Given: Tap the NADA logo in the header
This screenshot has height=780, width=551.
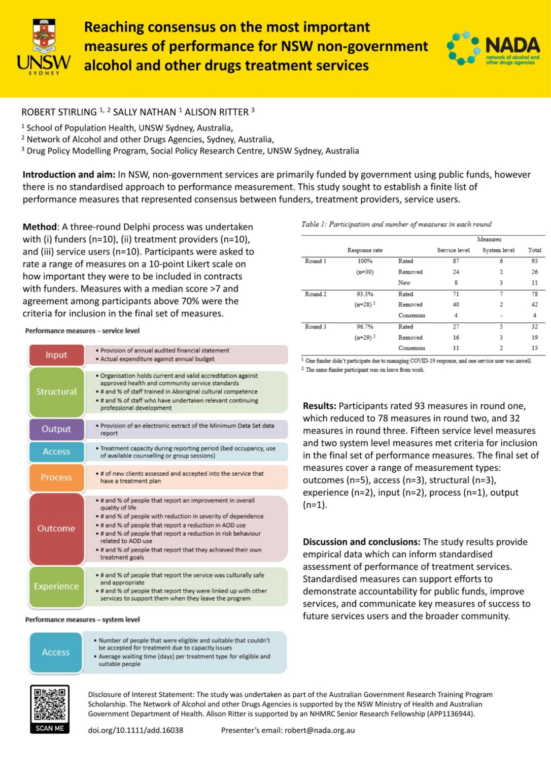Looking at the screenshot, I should coord(493,49).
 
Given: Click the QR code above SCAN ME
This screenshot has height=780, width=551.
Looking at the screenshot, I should coord(50,704).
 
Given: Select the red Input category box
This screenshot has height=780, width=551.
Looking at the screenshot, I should coord(56,355).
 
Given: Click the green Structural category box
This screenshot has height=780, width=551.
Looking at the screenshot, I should coord(56,392).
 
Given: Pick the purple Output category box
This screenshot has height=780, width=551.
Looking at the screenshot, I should coord(56,429).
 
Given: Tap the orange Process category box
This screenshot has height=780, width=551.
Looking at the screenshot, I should coord(56,477).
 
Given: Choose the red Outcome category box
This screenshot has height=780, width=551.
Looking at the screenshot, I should coord(56,529).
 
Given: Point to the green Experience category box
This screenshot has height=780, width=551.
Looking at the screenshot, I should coord(56,587).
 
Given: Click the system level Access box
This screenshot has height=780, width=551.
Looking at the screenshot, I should coord(56,653).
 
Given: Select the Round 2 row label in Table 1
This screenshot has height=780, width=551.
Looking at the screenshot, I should coord(316,294).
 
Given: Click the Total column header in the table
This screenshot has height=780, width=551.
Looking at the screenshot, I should coord(534,250).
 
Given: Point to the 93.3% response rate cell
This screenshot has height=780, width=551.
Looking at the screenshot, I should coord(365,294).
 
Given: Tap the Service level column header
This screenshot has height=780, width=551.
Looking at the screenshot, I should coord(453,250).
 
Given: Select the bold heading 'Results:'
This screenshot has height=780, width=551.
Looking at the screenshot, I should coord(320,406).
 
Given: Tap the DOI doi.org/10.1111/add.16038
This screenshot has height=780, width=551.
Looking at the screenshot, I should coord(135,730).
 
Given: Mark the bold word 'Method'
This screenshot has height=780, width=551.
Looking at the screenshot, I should coord(40,227).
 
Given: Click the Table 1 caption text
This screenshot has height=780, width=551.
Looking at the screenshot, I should coord(396,224).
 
